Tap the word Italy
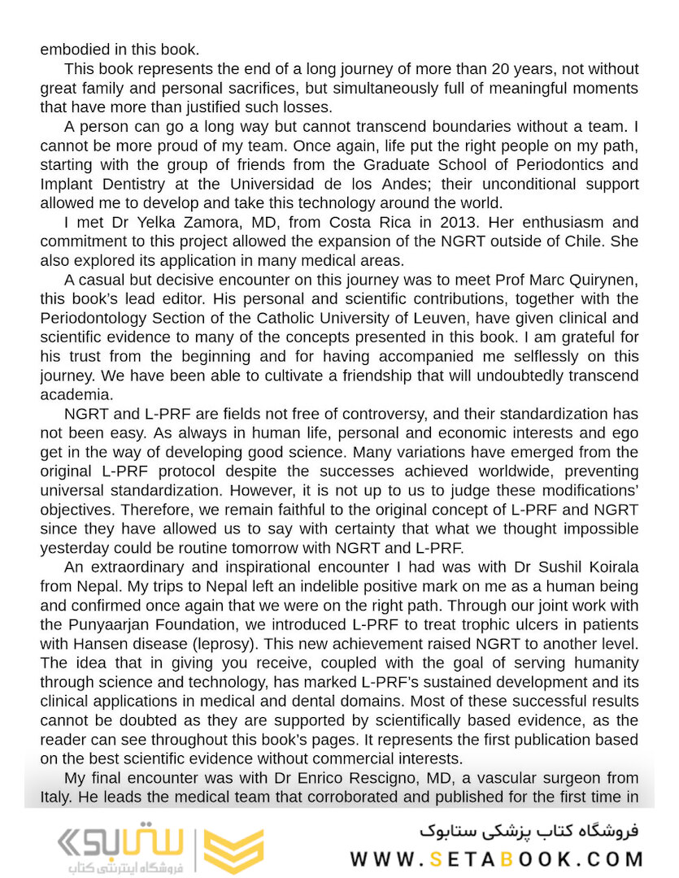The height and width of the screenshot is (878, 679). [x=56, y=798]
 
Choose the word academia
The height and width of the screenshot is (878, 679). [x=76, y=395]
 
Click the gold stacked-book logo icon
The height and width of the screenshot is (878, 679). [x=233, y=851]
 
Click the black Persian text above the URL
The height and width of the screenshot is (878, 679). [x=529, y=831]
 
